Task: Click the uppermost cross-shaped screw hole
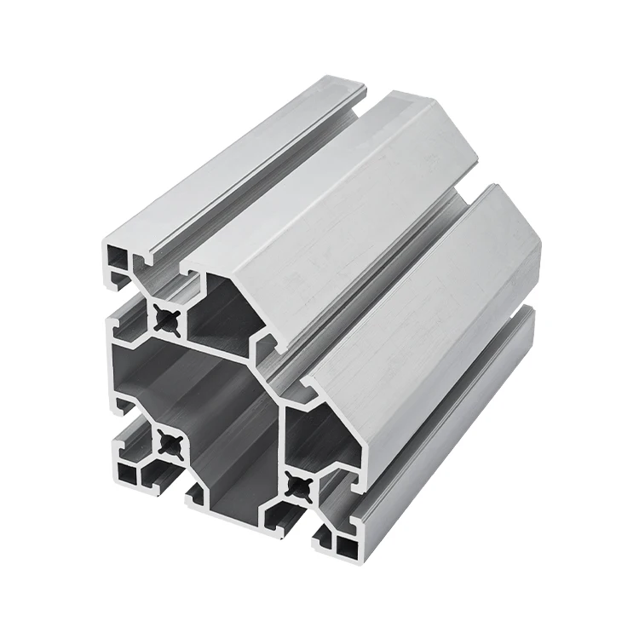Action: click(x=168, y=320)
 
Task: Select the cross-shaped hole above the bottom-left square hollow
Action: click(x=168, y=443)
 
